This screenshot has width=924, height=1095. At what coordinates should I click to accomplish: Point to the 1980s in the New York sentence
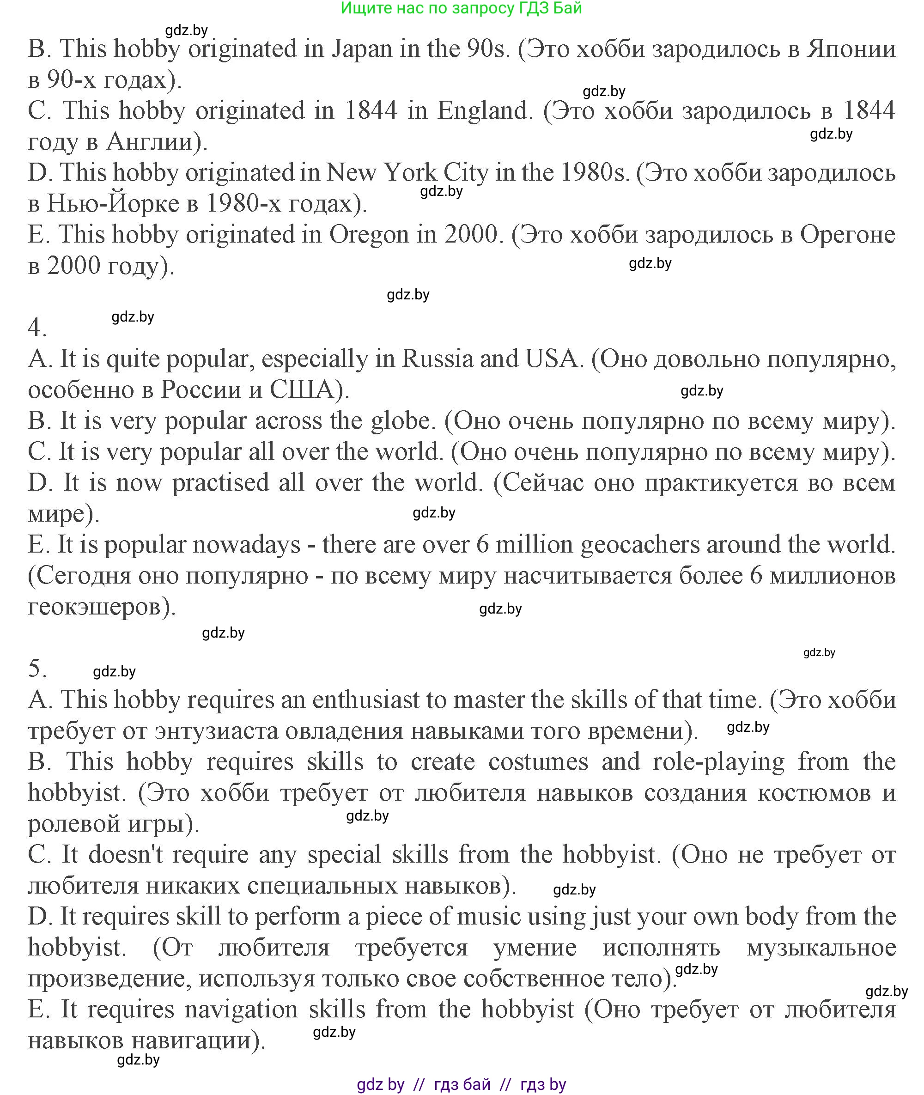(x=594, y=173)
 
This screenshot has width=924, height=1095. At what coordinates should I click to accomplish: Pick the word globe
(x=402, y=421)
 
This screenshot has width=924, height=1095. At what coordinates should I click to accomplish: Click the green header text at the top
(x=461, y=8)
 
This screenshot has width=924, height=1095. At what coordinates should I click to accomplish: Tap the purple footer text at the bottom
(x=461, y=1084)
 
